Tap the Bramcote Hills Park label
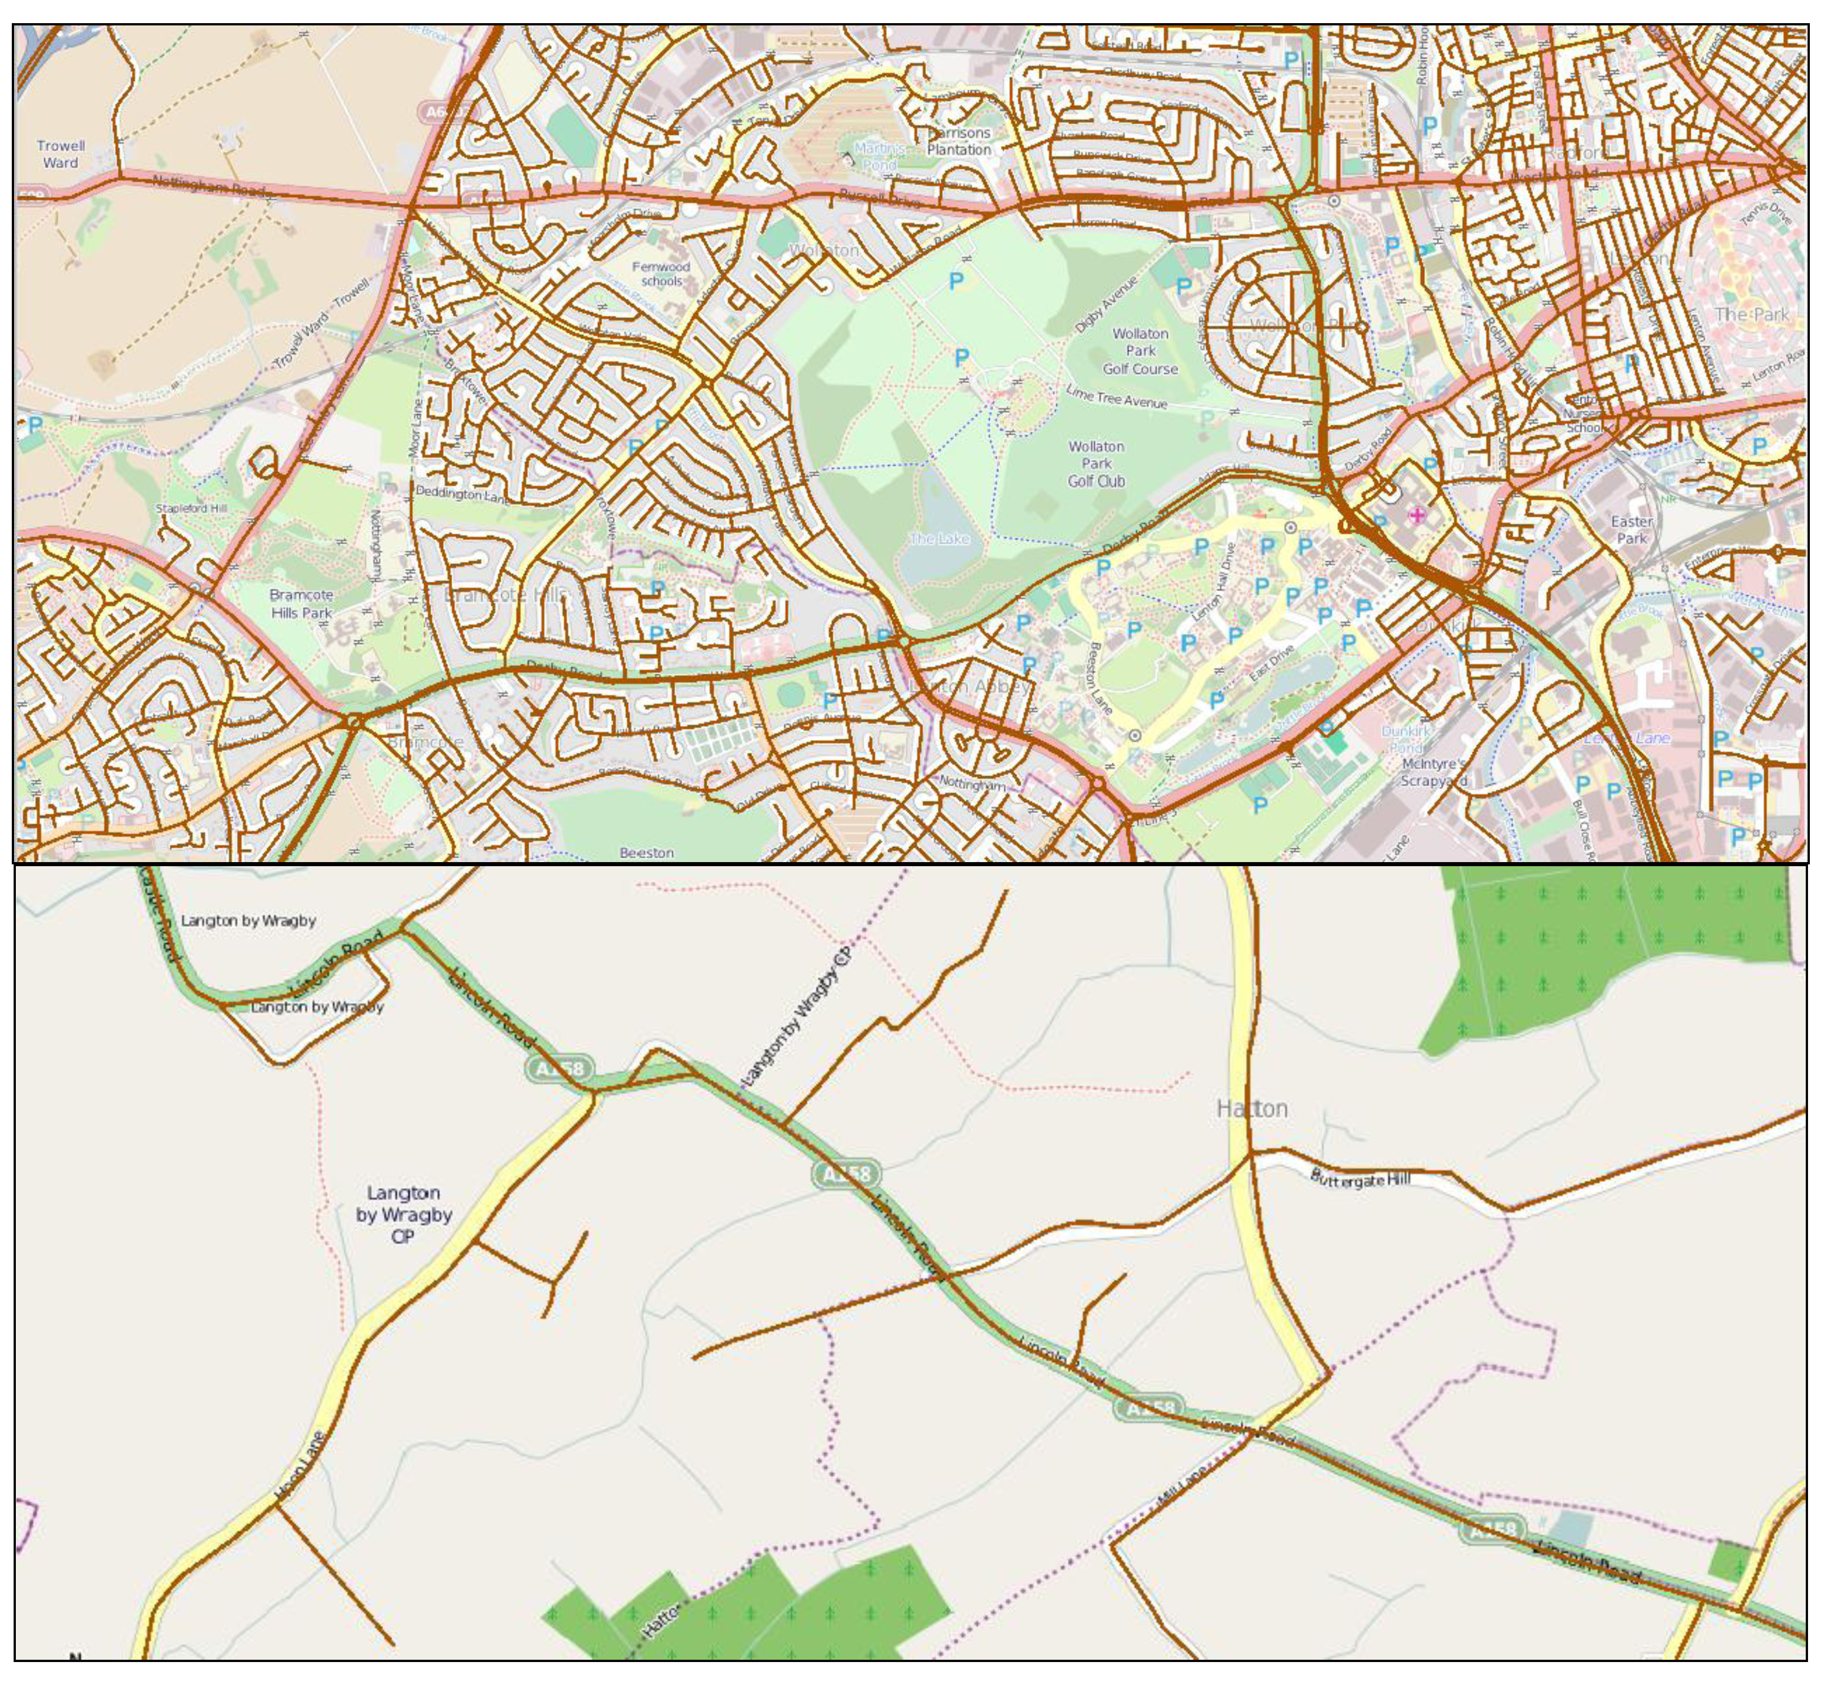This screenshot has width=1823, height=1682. pos(301,603)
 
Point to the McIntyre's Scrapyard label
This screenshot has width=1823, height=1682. pos(1433,772)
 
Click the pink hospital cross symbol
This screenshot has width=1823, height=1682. pos(1417,515)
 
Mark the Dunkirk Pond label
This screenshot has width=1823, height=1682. pos(1406,738)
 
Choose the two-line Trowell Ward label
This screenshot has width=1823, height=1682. pos(61,154)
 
